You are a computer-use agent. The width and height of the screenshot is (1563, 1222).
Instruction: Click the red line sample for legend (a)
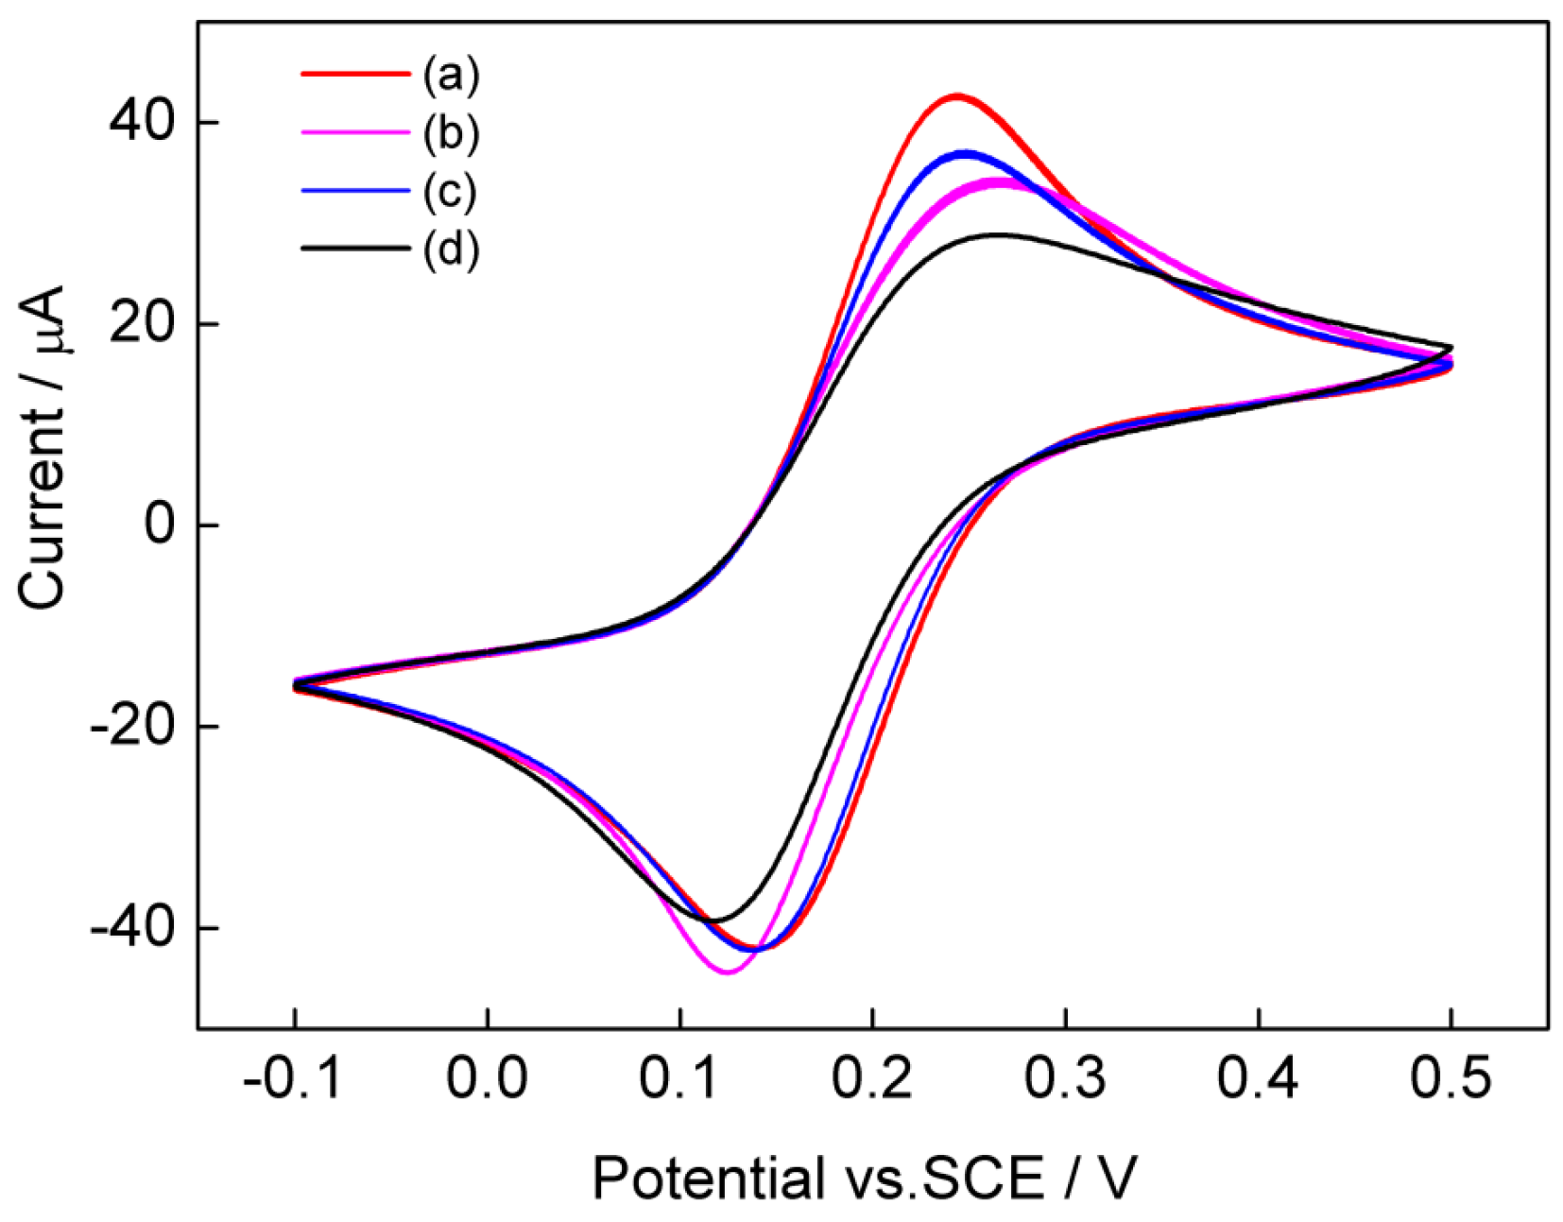tap(355, 73)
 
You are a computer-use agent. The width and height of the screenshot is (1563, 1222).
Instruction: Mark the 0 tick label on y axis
tap(160, 525)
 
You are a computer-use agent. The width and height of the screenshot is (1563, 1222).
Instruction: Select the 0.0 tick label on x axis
tap(487, 1077)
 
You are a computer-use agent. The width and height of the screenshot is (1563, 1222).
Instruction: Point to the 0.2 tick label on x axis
tap(872, 1077)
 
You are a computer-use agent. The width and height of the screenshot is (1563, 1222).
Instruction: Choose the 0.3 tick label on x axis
tap(1065, 1077)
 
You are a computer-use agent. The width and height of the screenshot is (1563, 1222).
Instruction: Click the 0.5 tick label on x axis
tap(1451, 1077)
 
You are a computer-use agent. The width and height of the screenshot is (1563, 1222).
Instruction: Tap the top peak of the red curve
tap(957, 95)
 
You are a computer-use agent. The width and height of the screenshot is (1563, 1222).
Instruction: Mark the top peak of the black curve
tap(998, 233)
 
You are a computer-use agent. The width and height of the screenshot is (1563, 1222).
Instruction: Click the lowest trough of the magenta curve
tap(727, 972)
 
